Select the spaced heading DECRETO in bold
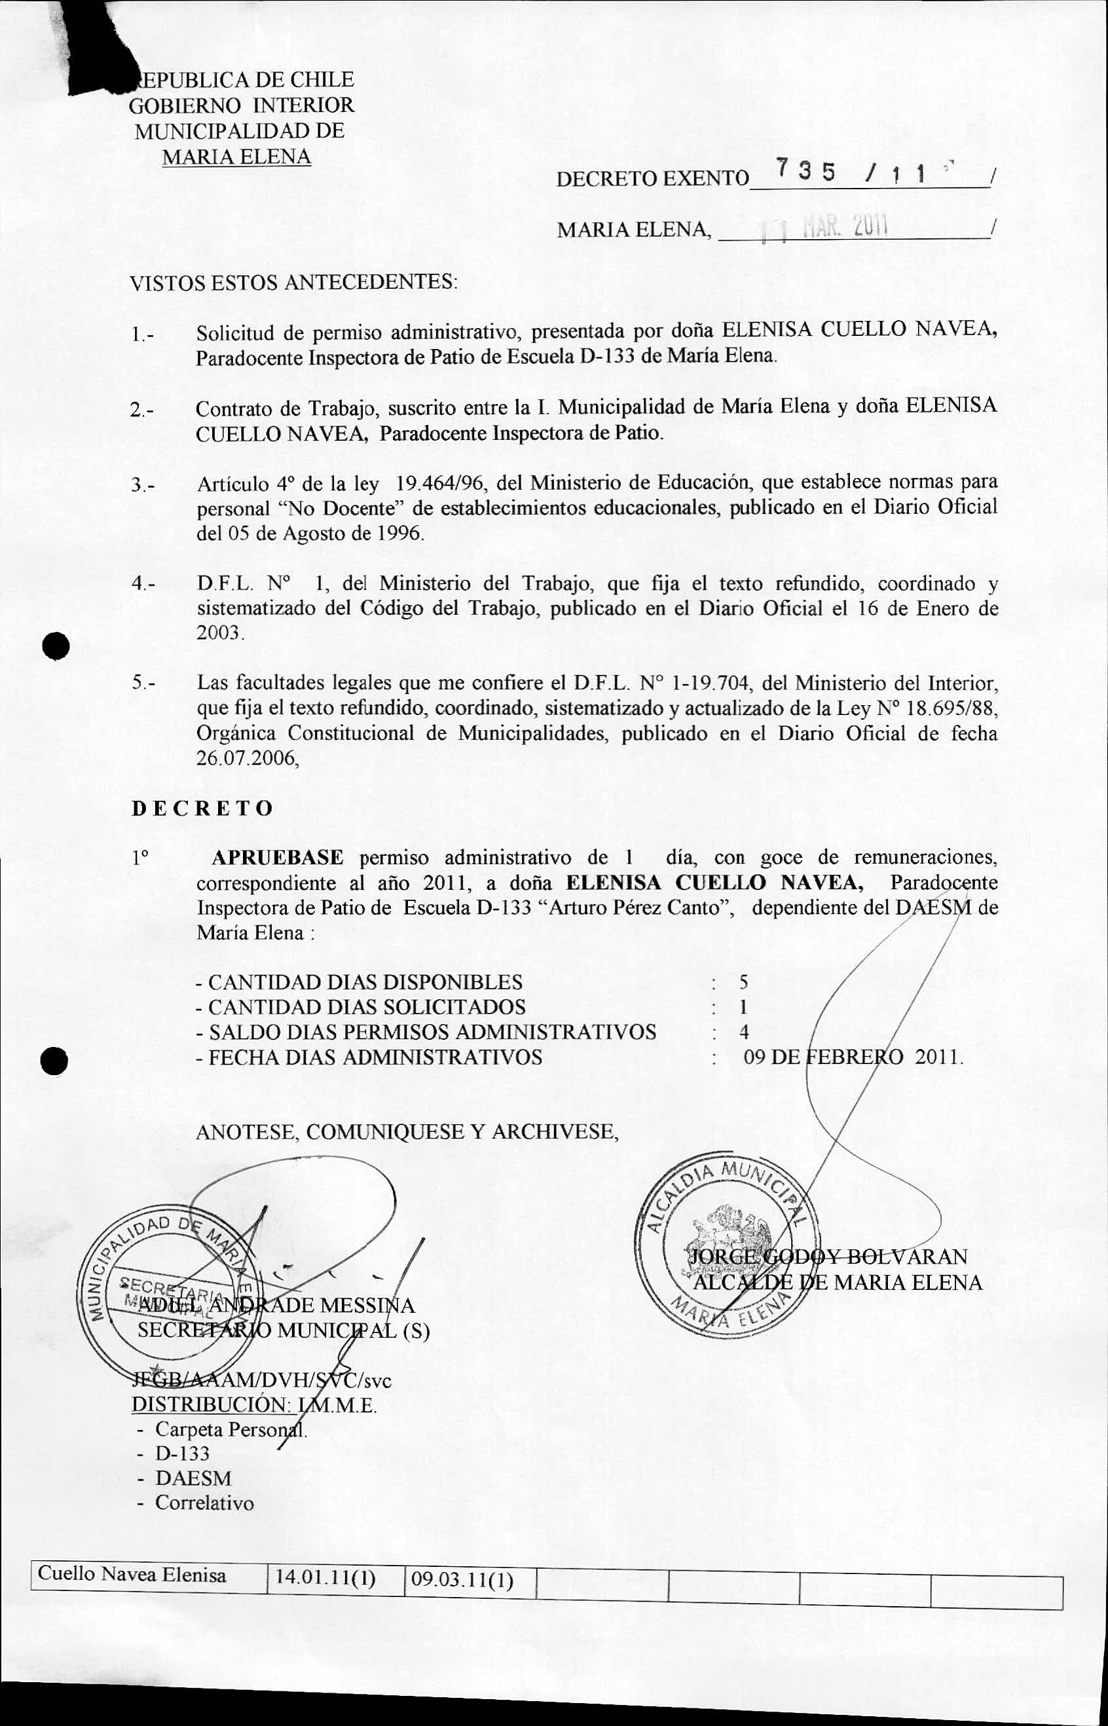(202, 808)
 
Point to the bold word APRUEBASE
(277, 858)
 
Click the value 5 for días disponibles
(744, 982)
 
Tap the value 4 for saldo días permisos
(744, 1033)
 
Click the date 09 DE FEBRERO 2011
(852, 1057)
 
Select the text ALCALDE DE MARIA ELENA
(837, 1283)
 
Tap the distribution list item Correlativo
(204, 1503)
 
